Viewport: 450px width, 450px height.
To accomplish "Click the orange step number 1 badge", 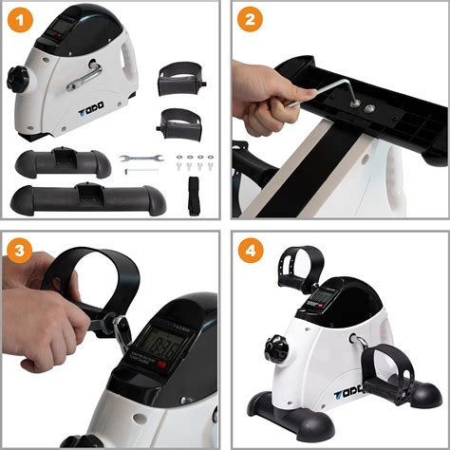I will click(x=18, y=19).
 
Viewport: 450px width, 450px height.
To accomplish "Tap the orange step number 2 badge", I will click(x=250, y=19).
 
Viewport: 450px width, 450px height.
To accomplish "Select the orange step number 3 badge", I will click(x=18, y=251).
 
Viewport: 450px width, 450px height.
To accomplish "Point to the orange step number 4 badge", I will click(x=250, y=251).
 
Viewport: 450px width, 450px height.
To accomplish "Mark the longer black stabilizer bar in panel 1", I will click(x=81, y=199).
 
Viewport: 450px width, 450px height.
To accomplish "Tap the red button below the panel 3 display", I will click(x=167, y=366).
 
